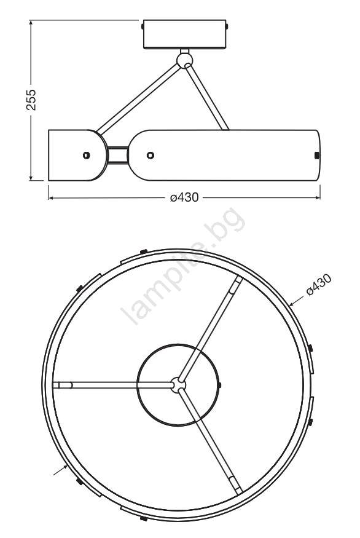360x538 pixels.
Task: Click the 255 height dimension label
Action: (x=31, y=100)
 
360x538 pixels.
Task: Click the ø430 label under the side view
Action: (x=184, y=197)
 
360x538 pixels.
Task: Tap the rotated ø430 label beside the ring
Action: (x=319, y=285)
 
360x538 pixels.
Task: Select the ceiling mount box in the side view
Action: (x=184, y=34)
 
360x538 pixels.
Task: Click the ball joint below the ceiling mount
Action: (x=185, y=61)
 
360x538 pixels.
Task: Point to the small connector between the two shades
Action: (x=117, y=155)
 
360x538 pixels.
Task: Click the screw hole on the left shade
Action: (x=87, y=155)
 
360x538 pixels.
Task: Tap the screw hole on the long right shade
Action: (x=150, y=155)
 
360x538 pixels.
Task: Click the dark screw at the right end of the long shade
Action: (x=317, y=155)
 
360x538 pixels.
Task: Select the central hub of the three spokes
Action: (x=178, y=385)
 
